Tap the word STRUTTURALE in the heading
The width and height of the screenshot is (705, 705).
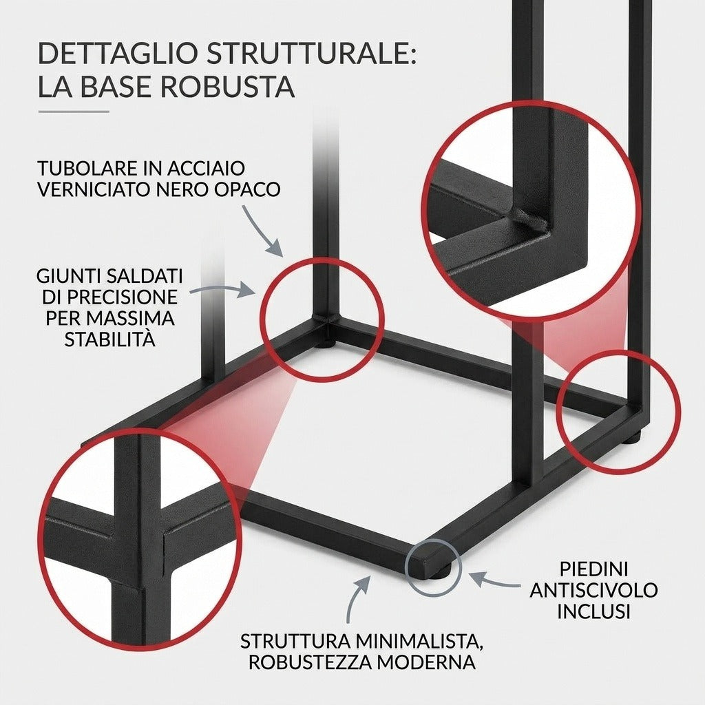tap(311, 52)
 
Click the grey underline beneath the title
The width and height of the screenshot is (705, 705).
tap(74, 112)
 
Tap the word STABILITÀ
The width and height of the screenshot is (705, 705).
tap(110, 339)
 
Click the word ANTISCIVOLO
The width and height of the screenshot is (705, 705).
tap(593, 590)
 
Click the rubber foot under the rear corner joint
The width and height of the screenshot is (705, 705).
tap(326, 345)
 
